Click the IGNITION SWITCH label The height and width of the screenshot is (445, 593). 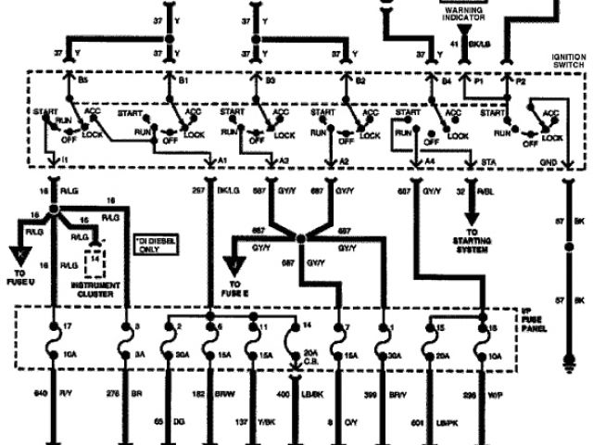click(x=565, y=58)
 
